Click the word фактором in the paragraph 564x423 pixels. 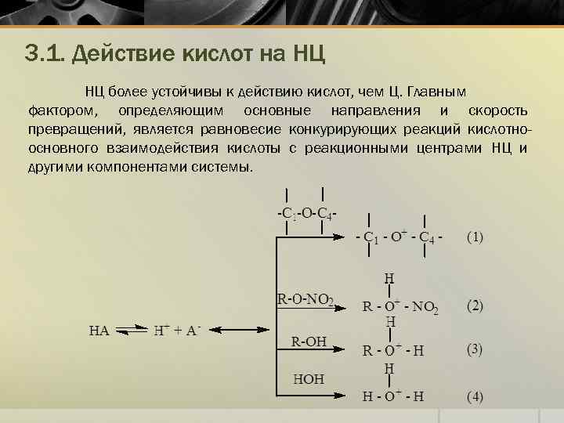[63, 110]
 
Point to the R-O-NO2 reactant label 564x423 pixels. [305, 298]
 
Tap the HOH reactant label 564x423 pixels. [308, 378]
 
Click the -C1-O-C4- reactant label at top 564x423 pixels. [306, 212]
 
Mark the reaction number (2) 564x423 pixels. [475, 305]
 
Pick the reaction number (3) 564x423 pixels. [475, 350]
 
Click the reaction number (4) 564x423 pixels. [475, 396]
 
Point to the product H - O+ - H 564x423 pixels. [392, 396]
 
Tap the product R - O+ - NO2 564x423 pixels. [400, 306]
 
